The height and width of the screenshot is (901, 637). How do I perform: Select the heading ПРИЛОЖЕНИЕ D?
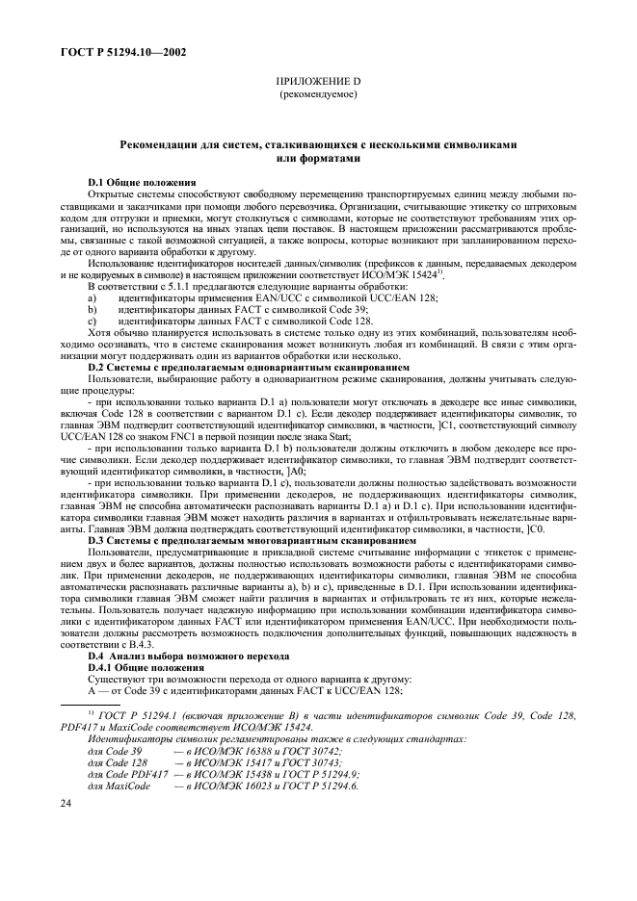tap(317, 84)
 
